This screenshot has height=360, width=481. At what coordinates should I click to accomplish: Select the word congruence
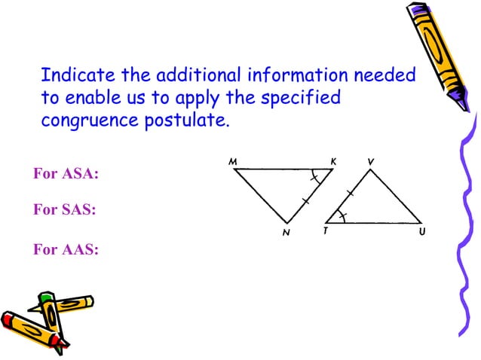tap(90, 121)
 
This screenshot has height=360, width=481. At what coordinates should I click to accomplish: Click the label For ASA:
tap(66, 175)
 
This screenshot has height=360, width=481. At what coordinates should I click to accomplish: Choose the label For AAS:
tap(66, 250)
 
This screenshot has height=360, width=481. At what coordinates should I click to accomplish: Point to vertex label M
tap(233, 162)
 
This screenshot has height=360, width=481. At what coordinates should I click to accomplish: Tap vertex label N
tap(286, 233)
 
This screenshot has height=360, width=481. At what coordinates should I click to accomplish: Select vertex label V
tap(370, 162)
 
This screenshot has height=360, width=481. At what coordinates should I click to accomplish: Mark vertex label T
tap(325, 232)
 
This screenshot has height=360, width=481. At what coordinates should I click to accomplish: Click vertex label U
tap(423, 232)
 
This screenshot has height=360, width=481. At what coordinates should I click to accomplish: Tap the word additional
tap(194, 76)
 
